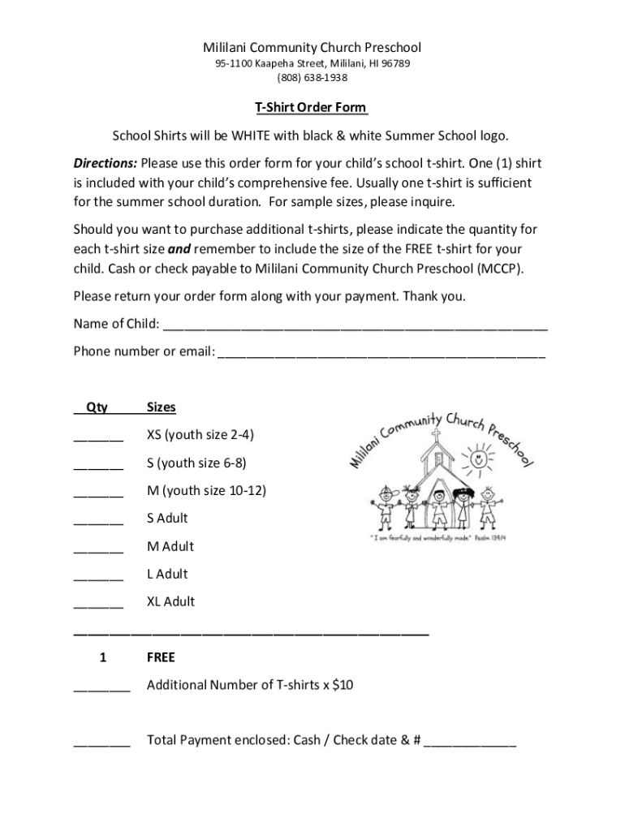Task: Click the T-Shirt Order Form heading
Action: [312, 107]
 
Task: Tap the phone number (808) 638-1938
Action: [312, 78]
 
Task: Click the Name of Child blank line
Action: [356, 327]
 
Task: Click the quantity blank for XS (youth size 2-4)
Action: [98, 438]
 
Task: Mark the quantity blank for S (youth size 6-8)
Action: [98, 467]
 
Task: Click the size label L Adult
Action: [167, 575]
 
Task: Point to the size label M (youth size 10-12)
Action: [206, 490]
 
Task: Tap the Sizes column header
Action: [162, 407]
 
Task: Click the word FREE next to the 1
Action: [161, 657]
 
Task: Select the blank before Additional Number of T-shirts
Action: [101, 688]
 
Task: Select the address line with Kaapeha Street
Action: [312, 63]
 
